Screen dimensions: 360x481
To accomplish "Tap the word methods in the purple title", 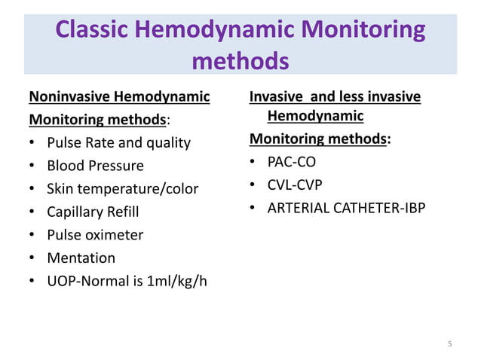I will pos(240,60).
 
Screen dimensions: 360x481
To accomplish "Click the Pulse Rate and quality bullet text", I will pos(118,143).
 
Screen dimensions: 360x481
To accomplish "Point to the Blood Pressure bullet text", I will pos(95,166).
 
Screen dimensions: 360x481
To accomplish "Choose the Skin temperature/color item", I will pos(122,189).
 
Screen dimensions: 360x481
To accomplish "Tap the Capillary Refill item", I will pos(93,212).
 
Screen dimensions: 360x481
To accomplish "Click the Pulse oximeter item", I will pos(95,235).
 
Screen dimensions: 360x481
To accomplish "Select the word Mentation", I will pos(81,258).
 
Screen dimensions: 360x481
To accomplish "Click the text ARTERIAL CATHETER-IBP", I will pos(346,208).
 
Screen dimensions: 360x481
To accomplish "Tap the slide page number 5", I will pos(449,344).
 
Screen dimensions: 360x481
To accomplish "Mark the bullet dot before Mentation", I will pos(32,258).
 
